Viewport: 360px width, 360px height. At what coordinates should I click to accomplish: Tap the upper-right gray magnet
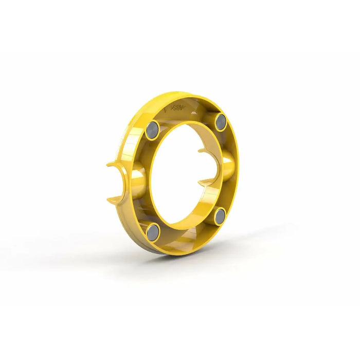point(221,121)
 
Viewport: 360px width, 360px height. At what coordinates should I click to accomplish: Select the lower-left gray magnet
point(153,233)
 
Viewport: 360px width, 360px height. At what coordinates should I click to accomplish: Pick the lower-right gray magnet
point(221,217)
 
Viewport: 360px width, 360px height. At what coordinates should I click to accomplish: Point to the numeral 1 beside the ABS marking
point(165,110)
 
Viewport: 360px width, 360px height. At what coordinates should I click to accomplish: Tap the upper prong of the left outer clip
point(114,164)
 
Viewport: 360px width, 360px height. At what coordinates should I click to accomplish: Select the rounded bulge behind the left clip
point(137,180)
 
